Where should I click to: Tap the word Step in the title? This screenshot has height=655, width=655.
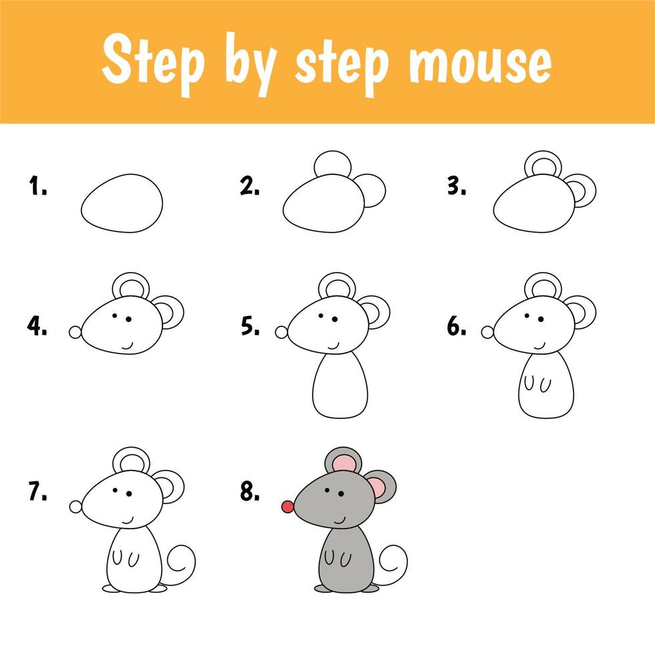[153, 61]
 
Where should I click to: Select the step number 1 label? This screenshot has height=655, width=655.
[37, 186]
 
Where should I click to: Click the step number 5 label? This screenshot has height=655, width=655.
[250, 326]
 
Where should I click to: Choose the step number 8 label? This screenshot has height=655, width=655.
[250, 491]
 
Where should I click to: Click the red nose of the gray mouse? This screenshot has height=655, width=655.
[287, 507]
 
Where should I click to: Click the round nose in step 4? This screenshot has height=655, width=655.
[75, 333]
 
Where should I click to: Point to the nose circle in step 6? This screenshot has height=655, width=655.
[487, 333]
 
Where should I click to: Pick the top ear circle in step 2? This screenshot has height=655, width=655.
[333, 152]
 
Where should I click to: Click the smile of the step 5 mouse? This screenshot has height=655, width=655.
[334, 347]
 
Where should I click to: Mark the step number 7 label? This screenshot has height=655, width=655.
[37, 491]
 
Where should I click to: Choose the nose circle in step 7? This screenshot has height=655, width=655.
[76, 507]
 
